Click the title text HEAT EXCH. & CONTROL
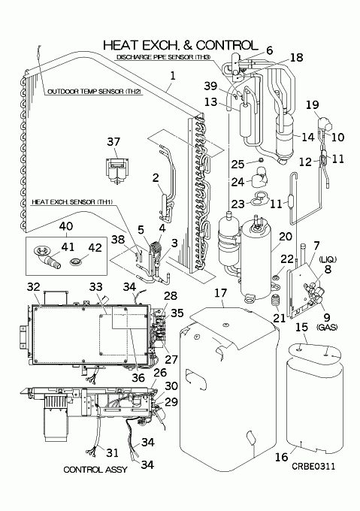pyautogui.click(x=180, y=45)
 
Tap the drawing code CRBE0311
pyautogui.click(x=313, y=467)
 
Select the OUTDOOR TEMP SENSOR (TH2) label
pyautogui.click(x=95, y=92)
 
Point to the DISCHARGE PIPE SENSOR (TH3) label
pyautogui.click(x=164, y=57)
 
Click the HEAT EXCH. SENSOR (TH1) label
pyautogui.click(x=72, y=202)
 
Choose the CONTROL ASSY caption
pyautogui.click(x=95, y=470)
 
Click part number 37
pyautogui.click(x=113, y=142)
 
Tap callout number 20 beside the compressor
pyautogui.click(x=286, y=237)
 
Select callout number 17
pyautogui.click(x=220, y=292)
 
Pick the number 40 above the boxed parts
pyautogui.click(x=66, y=226)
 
